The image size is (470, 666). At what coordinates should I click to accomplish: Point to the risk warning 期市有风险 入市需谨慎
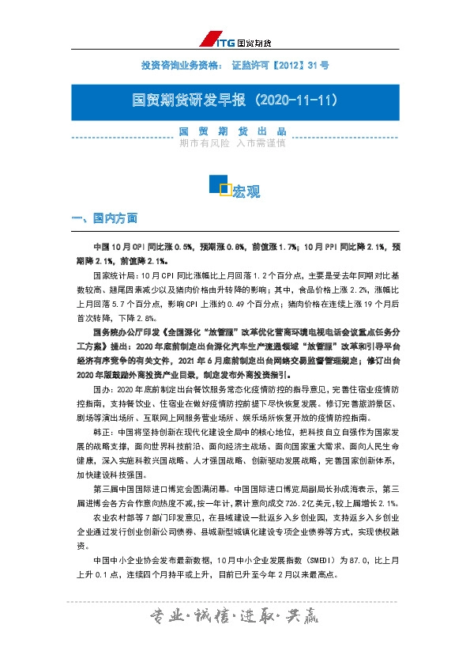231,144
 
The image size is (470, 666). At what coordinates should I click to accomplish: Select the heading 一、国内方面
105,218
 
